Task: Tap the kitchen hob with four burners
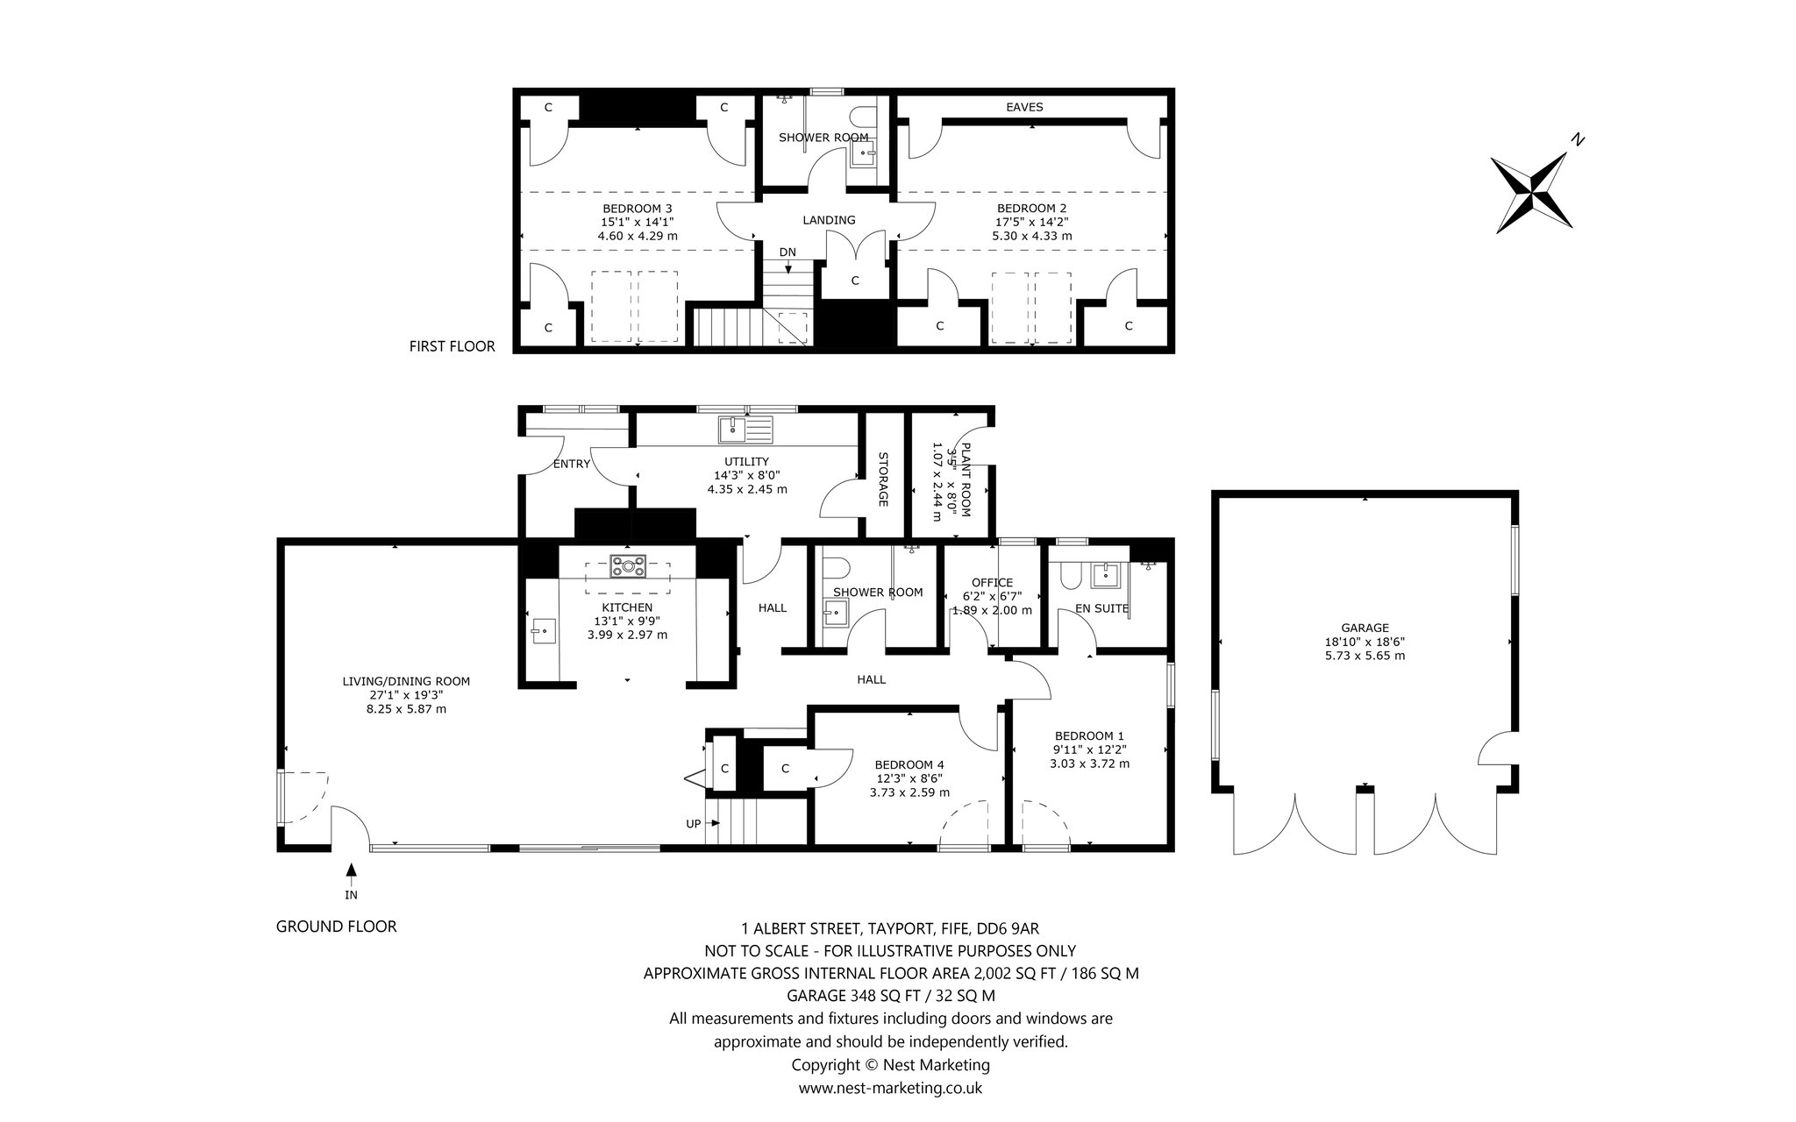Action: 628,566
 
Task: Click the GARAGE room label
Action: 1365,628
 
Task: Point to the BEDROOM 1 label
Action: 1089,735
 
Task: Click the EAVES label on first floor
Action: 1024,107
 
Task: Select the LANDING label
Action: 829,220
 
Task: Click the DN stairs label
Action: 788,252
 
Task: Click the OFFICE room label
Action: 992,582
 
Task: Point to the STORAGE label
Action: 883,479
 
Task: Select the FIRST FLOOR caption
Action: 452,346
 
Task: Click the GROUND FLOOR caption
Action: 336,927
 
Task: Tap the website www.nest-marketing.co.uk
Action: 890,1088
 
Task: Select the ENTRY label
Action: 572,464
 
